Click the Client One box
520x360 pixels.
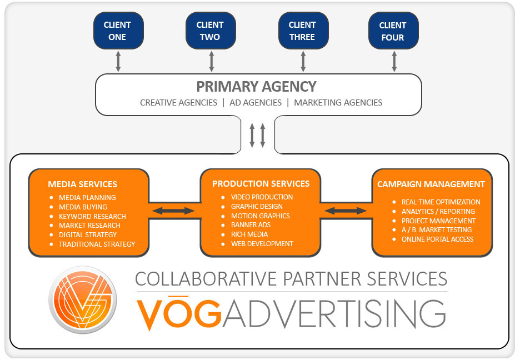[117, 31]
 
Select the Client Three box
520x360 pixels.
[303, 31]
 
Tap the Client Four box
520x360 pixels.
[393, 31]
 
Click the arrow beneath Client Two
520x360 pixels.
[211, 61]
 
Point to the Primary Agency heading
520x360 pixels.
[256, 87]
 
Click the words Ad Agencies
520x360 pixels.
[256, 102]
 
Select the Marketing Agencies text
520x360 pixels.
[338, 102]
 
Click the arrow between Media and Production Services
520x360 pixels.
[174, 211]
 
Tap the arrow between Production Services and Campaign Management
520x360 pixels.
[346, 211]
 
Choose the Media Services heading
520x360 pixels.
[82, 184]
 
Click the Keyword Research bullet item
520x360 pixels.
[92, 216]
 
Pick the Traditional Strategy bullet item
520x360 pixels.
[97, 244]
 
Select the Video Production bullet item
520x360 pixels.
[262, 197]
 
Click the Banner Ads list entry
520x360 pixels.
[252, 225]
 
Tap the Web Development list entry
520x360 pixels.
[262, 243]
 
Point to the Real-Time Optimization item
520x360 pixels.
[441, 202]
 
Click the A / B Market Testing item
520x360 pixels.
[436, 230]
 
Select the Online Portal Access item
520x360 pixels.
[437, 239]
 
